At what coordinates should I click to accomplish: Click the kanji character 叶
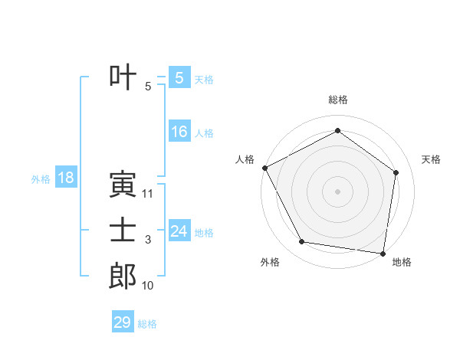[x=123, y=79]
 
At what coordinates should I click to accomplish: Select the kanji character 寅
[x=123, y=185]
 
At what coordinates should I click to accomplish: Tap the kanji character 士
[x=123, y=231]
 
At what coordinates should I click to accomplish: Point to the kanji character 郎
[x=123, y=277]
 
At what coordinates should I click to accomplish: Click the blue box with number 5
[x=179, y=78]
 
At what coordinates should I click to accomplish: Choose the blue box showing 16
[x=179, y=132]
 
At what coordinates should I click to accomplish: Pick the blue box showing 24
[x=179, y=231]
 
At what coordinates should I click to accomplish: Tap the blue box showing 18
[x=66, y=178]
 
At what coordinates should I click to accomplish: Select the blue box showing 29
[x=123, y=322]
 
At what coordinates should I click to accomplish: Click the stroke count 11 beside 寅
[x=148, y=194]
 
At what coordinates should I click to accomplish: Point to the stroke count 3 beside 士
[x=148, y=241]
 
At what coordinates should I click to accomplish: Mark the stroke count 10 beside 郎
[x=148, y=286]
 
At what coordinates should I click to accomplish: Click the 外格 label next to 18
[x=41, y=179]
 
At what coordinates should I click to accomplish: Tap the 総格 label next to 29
[x=147, y=323]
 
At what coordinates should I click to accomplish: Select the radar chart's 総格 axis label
[x=337, y=100]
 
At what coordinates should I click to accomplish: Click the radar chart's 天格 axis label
[x=432, y=159]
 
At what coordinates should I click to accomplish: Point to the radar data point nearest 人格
[x=264, y=168]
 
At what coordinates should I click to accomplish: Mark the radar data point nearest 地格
[x=383, y=253]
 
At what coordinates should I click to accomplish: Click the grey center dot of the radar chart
[x=337, y=191]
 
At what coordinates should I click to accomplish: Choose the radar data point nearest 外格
[x=302, y=242]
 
